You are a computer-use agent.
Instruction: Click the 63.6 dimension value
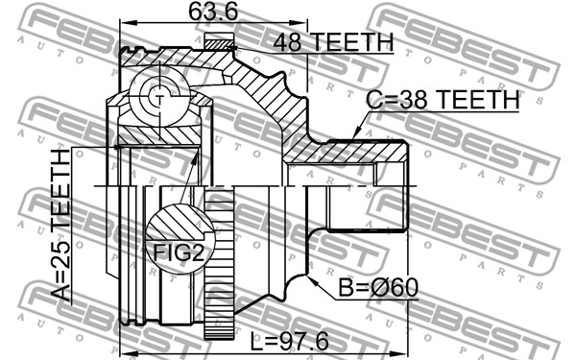point(213,12)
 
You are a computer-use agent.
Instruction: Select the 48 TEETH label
point(333,42)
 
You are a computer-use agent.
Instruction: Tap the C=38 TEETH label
point(444,100)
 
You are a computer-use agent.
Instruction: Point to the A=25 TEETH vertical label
point(60,226)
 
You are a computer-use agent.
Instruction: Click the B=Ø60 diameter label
point(378,288)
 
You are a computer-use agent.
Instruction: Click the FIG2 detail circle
point(180,239)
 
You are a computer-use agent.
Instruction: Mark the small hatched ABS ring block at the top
point(219,41)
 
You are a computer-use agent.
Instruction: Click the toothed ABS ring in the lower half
point(219,263)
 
